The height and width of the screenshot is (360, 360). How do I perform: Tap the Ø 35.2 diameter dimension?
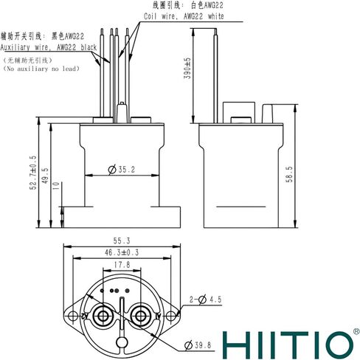point(122,170)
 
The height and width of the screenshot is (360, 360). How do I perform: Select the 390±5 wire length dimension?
point(187,68)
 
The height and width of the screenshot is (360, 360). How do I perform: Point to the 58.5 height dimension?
point(289,174)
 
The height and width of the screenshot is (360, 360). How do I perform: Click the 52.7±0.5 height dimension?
point(33,173)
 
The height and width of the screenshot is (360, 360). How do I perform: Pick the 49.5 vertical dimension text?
point(45,176)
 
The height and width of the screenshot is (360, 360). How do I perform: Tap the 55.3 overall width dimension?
point(122,240)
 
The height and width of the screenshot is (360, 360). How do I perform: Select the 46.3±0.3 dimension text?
point(122,252)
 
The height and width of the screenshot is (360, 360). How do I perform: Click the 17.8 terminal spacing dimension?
point(122,265)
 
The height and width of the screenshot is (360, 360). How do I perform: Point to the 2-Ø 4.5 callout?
point(205,300)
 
